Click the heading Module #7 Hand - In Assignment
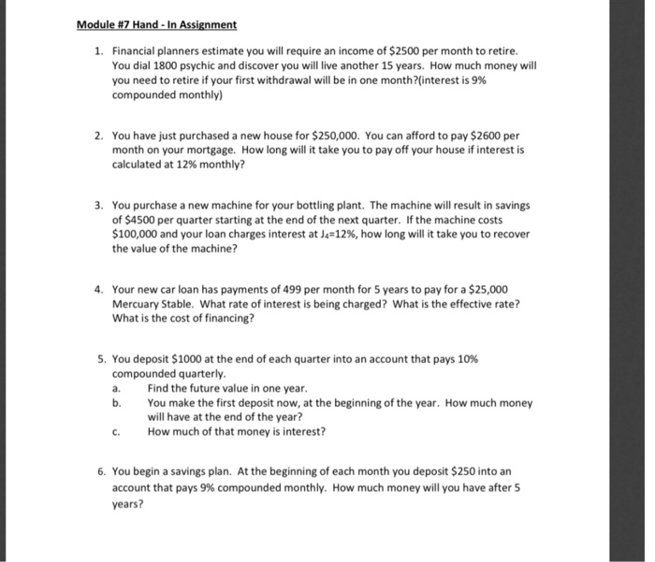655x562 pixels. tap(156, 24)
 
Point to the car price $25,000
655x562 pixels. tap(488, 289)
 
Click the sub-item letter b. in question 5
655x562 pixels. tap(116, 403)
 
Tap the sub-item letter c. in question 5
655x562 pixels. tap(116, 432)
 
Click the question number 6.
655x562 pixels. tap(101, 472)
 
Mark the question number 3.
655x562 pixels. tap(101, 205)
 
